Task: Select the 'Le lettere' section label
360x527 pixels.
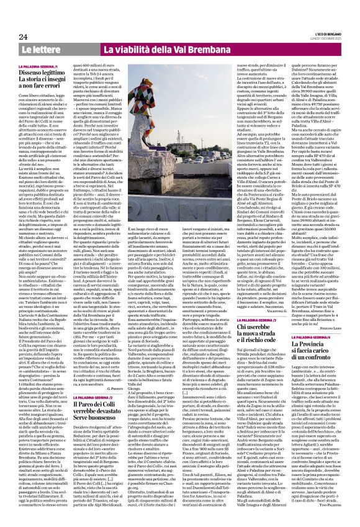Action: [x=38, y=48]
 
